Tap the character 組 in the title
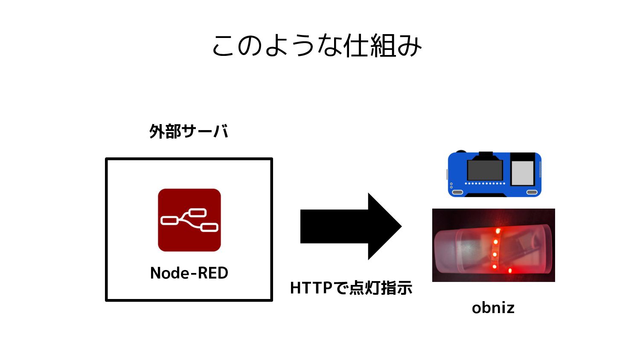[x=383, y=46]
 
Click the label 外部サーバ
[x=189, y=131]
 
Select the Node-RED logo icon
[x=189, y=220]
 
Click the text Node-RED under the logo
[x=189, y=273]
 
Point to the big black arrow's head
[x=384, y=226]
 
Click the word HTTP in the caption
[x=311, y=288]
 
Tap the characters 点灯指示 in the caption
[x=381, y=288]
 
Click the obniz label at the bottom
[x=493, y=308]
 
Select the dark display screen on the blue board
[x=485, y=170]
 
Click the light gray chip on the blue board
[x=522, y=173]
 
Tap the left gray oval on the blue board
[x=457, y=192]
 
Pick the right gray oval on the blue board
[x=532, y=192]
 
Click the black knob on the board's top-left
[x=460, y=151]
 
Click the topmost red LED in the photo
[x=497, y=231]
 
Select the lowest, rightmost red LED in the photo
[x=510, y=270]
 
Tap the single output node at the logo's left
[x=169, y=221]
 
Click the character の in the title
[x=249, y=46]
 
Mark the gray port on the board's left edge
[x=447, y=174]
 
